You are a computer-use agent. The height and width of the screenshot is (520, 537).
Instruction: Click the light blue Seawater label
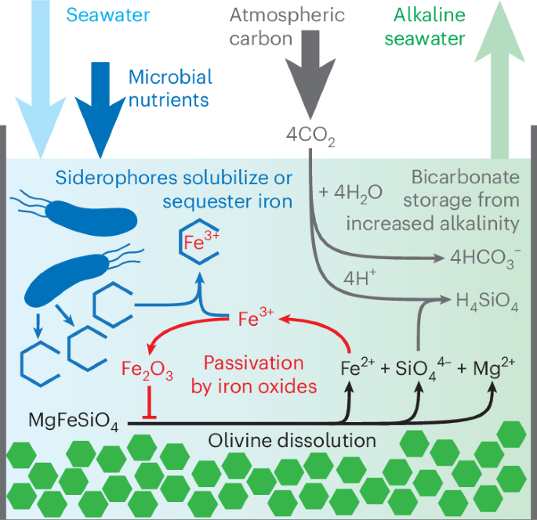coord(108,15)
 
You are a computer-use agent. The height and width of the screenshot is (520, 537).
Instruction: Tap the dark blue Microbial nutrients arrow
coord(100,110)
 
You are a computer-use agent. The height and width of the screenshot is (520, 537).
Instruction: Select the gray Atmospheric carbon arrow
coord(310,74)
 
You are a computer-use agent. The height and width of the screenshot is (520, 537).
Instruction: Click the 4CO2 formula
coord(310,136)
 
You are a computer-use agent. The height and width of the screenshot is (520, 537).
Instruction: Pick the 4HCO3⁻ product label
coord(485,258)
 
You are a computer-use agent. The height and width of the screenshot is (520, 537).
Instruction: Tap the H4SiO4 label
coord(487,302)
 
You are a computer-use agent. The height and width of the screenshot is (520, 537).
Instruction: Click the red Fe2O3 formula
coord(147,370)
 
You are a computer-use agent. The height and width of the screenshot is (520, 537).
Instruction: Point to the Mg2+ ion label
coord(494,369)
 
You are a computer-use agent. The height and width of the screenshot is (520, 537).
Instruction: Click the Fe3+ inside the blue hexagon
coord(201,241)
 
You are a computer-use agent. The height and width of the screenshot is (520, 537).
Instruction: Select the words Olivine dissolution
coord(292,441)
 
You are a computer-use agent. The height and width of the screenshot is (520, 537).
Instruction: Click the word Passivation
coord(254,363)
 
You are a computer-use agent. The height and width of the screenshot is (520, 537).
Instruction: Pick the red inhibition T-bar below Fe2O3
coord(149,403)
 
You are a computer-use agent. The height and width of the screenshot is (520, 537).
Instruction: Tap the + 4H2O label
coord(350,193)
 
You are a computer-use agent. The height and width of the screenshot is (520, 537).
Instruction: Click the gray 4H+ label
coord(360,278)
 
